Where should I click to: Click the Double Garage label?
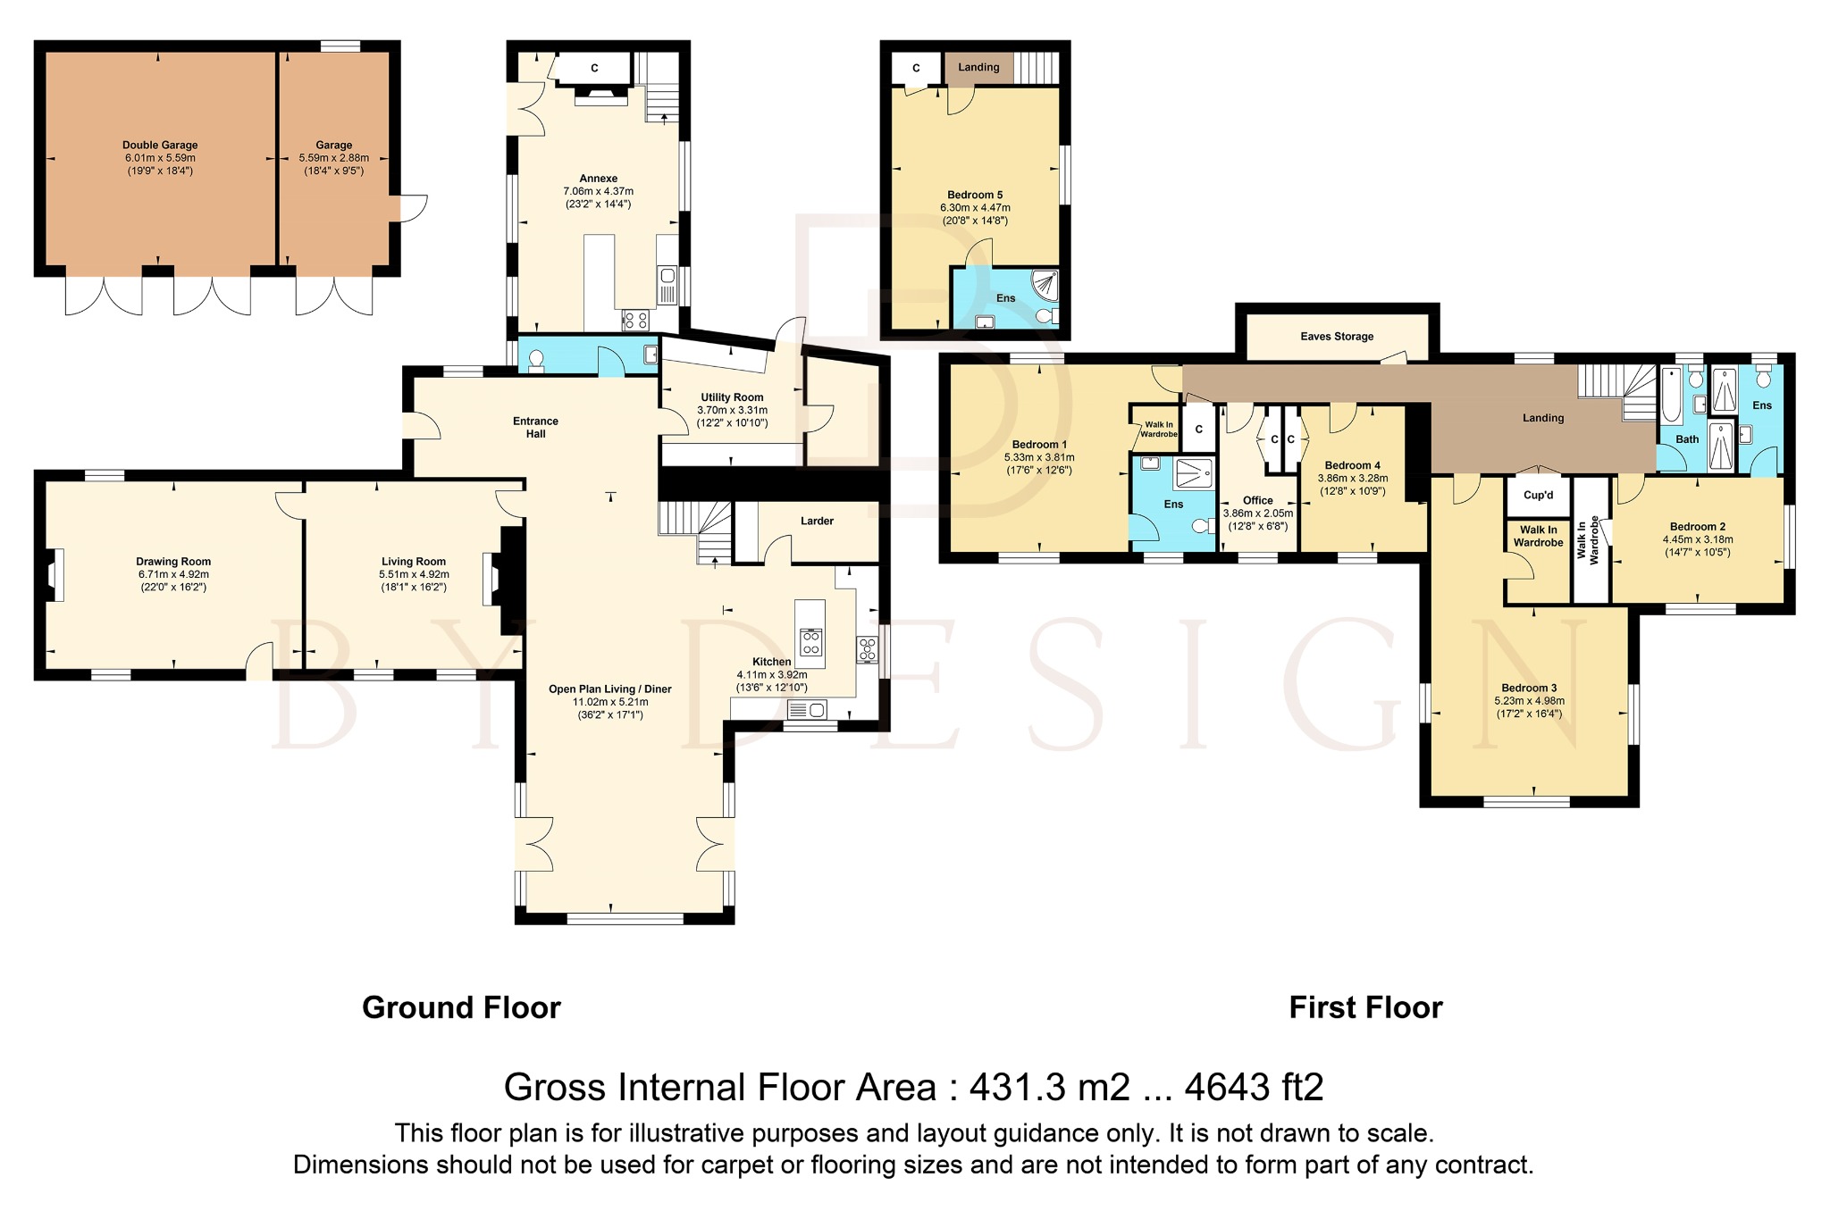(160, 145)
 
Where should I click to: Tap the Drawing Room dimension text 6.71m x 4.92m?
(173, 574)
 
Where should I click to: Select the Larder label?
(817, 521)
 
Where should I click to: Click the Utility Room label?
(732, 397)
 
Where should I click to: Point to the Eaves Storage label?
(1337, 337)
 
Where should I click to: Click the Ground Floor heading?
(461, 1007)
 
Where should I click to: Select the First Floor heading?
(1365, 1007)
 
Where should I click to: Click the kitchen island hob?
(811, 642)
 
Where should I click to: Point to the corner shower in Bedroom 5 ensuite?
(1045, 285)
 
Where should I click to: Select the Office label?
(1257, 501)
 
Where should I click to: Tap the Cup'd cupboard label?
(1538, 496)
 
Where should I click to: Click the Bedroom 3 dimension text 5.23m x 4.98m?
(1529, 701)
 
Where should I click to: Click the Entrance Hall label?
(535, 427)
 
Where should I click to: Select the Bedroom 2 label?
(1697, 527)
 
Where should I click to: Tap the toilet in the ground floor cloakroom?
(536, 359)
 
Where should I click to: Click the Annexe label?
(598, 179)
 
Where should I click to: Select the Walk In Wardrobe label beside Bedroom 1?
(1158, 430)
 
